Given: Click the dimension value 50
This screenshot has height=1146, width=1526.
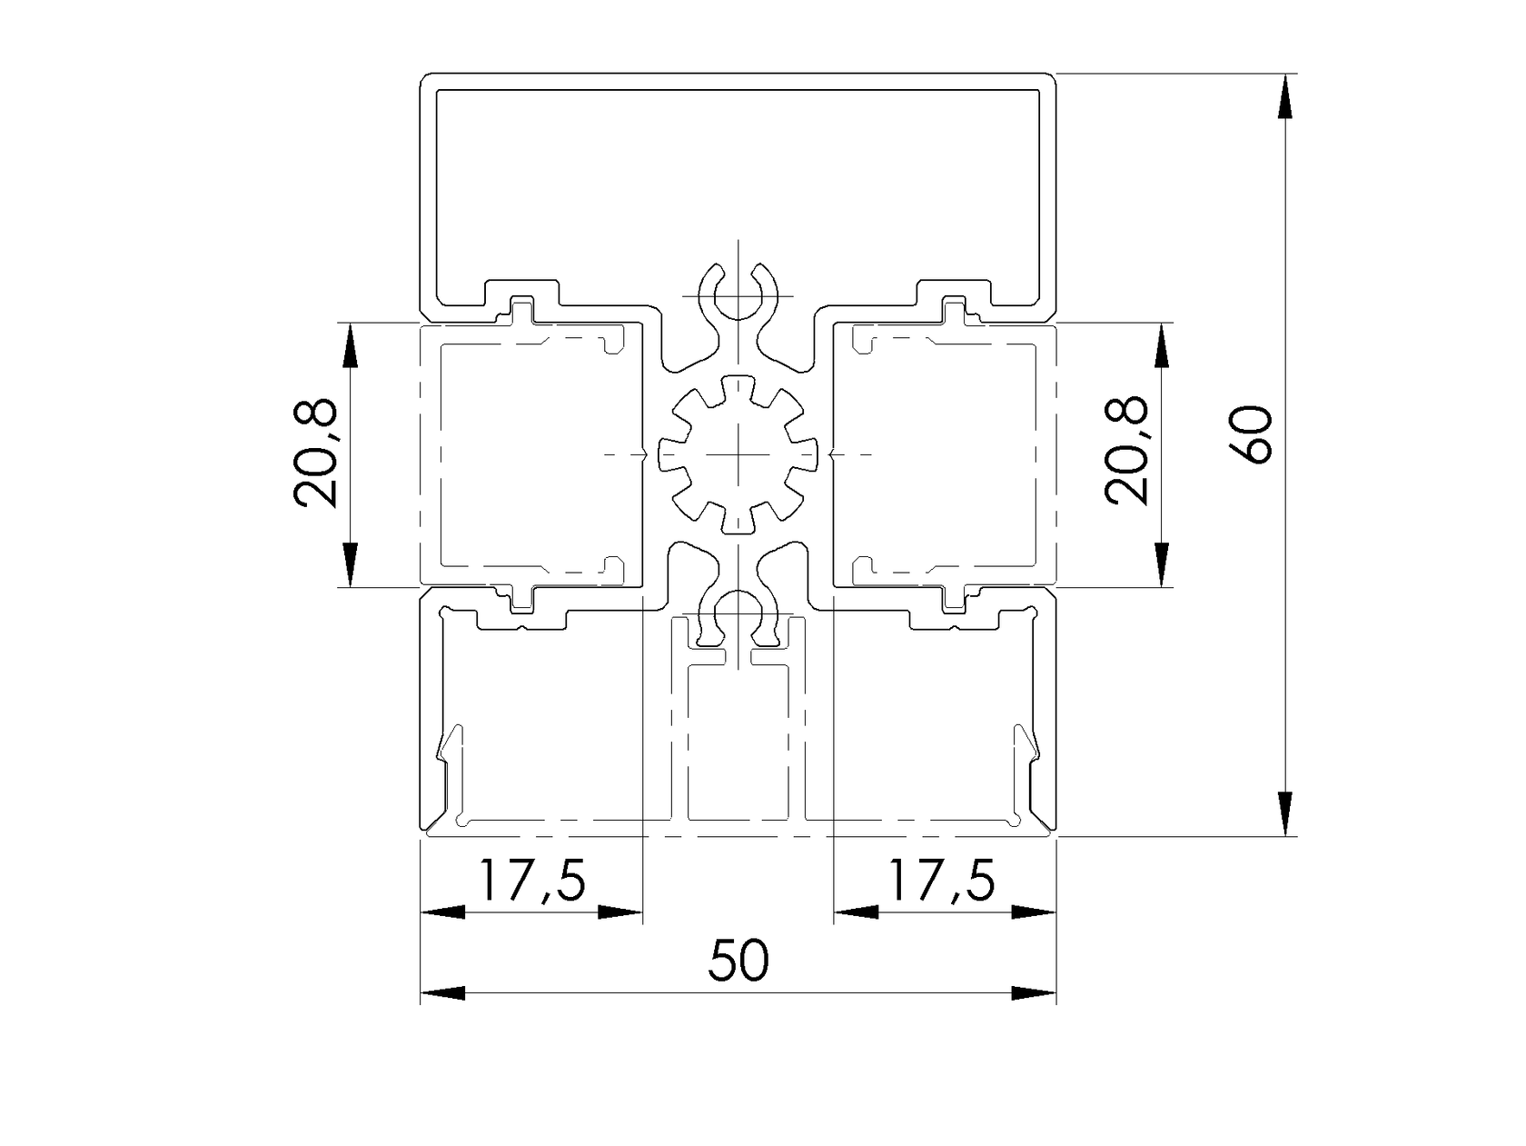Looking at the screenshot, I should [x=738, y=961].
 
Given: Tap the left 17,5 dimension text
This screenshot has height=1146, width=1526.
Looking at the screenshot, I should [x=531, y=879].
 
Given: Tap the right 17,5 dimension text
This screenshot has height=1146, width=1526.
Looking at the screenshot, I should [x=940, y=879].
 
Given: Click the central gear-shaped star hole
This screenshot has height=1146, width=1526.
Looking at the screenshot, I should [x=738, y=453].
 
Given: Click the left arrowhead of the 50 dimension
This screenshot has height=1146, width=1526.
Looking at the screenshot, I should [x=443, y=993].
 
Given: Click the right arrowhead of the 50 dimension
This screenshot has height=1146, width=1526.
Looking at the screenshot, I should [x=1034, y=993].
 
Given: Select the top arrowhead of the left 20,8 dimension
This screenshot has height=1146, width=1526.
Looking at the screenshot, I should [x=350, y=345].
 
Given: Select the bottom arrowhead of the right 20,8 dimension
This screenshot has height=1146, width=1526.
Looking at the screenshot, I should [x=1162, y=563].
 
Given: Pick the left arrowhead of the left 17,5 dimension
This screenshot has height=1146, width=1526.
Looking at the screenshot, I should [x=443, y=912].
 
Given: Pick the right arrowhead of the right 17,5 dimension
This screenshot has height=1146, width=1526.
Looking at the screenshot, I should [x=1034, y=912].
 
